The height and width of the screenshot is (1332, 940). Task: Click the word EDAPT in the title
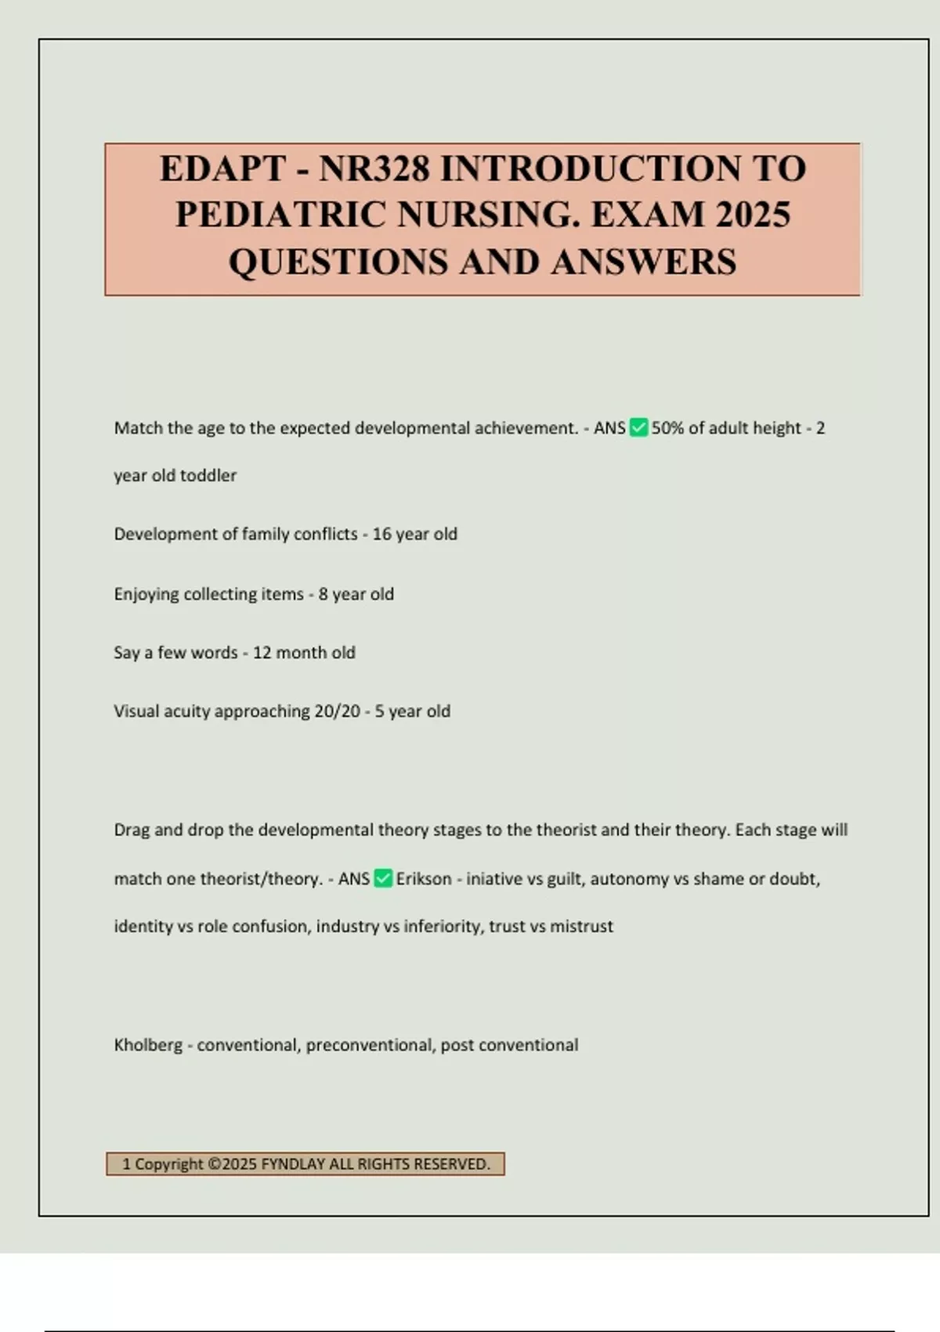tap(222, 169)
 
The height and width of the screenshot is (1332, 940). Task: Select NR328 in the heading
tap(374, 169)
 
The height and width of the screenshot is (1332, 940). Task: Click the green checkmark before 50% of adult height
tap(638, 428)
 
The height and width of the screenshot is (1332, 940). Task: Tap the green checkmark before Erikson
tap(383, 878)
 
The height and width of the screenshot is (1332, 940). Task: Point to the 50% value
tap(667, 428)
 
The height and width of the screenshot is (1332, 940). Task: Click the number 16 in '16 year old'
tap(381, 534)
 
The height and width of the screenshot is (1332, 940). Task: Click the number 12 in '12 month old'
tap(262, 653)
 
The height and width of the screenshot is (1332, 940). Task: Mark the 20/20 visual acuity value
tap(337, 711)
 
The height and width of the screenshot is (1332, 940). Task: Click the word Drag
tap(132, 830)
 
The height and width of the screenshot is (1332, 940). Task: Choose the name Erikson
tap(424, 879)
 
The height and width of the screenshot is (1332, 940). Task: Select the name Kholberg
tap(148, 1045)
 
